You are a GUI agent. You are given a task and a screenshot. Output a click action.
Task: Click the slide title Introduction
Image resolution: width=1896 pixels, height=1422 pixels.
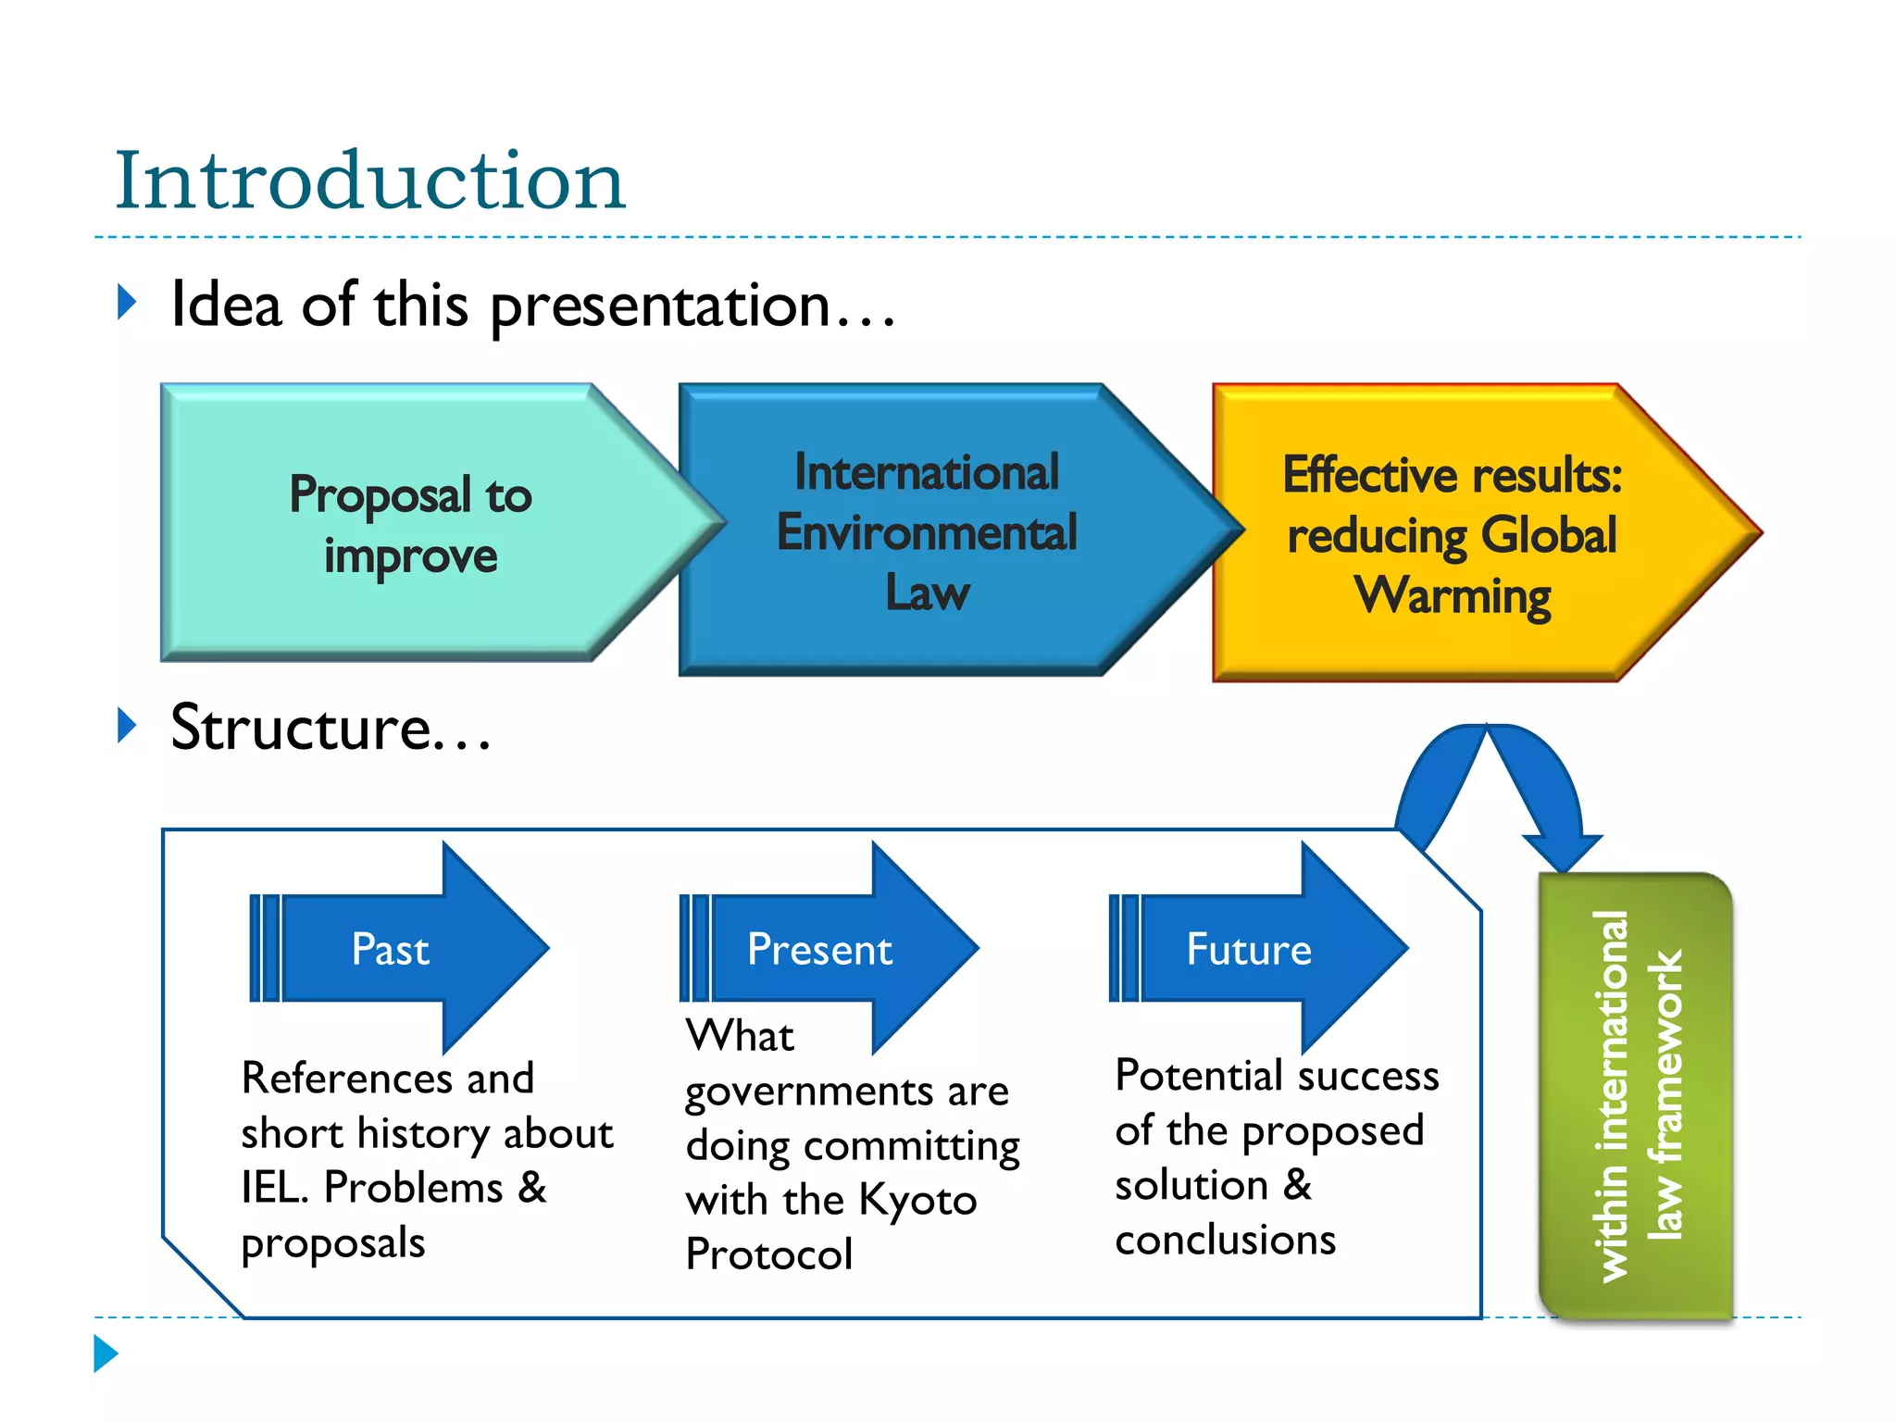click(x=370, y=181)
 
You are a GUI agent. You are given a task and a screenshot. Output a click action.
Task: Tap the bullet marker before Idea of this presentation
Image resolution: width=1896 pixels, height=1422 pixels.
click(x=128, y=303)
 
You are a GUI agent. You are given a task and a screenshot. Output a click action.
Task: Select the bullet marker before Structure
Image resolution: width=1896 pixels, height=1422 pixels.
click(x=128, y=725)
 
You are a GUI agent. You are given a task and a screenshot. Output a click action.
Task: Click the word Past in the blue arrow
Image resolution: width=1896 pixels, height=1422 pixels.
click(x=390, y=950)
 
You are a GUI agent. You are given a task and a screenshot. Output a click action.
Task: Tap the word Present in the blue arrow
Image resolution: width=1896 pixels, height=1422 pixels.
click(x=819, y=950)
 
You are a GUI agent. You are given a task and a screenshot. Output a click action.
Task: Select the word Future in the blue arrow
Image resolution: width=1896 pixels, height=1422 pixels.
click(x=1249, y=950)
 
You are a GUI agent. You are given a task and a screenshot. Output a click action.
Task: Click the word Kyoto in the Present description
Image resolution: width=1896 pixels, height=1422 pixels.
click(x=917, y=1201)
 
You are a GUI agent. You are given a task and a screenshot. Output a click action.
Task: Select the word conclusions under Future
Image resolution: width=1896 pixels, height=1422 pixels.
click(x=1225, y=1240)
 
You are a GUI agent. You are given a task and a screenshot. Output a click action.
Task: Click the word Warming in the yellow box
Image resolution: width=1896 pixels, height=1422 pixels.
click(x=1453, y=595)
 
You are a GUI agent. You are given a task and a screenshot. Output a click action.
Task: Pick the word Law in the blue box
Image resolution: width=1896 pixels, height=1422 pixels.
click(x=927, y=592)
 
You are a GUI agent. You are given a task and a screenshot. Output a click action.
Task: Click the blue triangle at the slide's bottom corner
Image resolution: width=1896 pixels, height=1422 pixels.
click(x=106, y=1353)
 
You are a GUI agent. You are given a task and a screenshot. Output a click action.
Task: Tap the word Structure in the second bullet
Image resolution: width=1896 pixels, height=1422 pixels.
click(x=301, y=728)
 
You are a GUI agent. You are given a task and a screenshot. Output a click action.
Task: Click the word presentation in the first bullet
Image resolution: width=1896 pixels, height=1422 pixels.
click(x=659, y=306)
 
